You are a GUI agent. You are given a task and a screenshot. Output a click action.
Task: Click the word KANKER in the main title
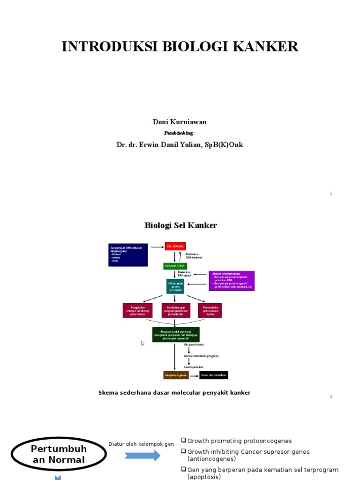coord(270,47)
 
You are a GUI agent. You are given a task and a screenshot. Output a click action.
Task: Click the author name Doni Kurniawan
coord(180,122)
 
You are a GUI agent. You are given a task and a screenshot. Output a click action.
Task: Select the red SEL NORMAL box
coord(175,246)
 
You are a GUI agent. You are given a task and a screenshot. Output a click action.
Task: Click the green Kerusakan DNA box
coord(175,266)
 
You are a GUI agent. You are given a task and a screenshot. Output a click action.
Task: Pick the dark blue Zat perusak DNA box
coord(128,255)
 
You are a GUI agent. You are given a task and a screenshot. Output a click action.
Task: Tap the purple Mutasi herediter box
coord(232,280)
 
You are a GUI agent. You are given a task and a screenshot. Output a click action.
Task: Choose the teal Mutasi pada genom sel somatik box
coord(175,286)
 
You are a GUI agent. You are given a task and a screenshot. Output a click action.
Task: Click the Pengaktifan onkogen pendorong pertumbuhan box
coord(137,310)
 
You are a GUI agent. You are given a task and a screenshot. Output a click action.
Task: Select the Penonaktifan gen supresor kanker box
coord(210,310)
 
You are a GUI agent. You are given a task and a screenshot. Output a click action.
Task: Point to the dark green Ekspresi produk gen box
coord(176,335)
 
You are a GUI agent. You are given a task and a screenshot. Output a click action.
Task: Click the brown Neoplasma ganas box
coord(176,375)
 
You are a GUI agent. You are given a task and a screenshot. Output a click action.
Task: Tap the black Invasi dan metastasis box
coord(214,375)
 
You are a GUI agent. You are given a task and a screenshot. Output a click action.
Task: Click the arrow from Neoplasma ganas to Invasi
coord(194,375)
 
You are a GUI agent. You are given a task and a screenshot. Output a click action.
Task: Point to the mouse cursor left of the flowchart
coord(142,343)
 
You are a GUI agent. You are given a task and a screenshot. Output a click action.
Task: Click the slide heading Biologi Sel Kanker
coord(180,225)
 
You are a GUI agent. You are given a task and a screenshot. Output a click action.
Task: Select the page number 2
coord(331,396)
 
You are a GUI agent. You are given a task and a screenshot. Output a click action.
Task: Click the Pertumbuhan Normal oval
coord(59,454)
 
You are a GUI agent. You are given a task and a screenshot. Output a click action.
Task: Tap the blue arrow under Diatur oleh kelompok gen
coord(142,455)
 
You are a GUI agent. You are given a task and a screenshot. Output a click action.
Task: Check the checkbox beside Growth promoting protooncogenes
coord(184,440)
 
